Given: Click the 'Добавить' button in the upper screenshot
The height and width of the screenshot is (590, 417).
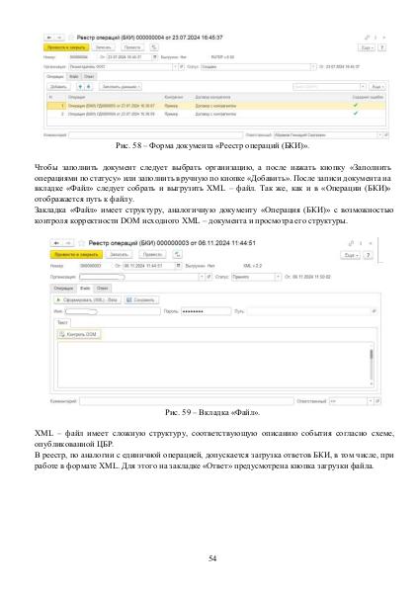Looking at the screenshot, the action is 58,86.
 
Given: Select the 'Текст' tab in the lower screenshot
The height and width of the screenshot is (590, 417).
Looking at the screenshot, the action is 64,322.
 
